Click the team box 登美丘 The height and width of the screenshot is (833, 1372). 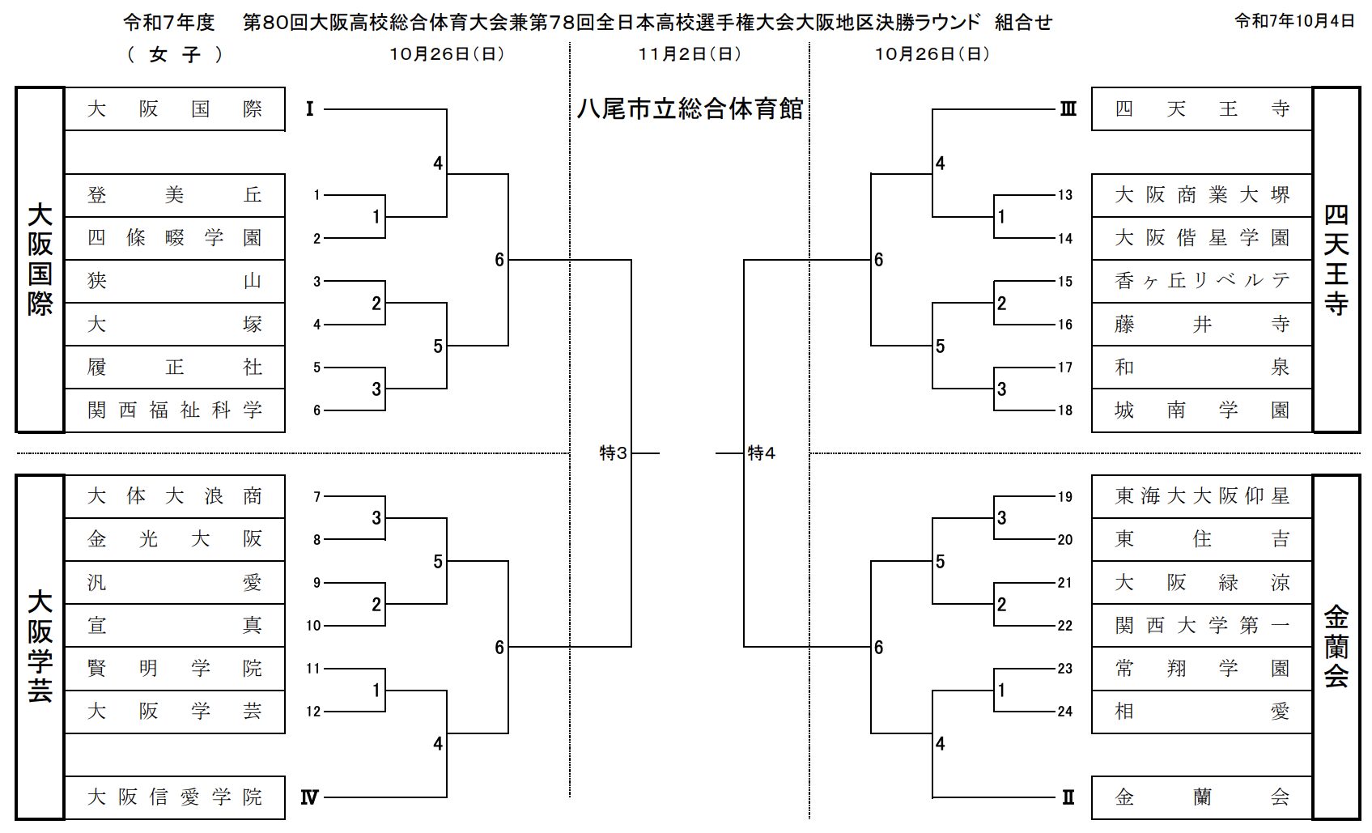174,195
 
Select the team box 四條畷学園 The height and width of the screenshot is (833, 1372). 174,238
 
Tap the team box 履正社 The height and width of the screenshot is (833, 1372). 174,368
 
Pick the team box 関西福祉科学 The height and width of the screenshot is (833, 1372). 174,410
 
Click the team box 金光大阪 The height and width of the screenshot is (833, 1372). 174,539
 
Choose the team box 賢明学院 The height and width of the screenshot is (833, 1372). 174,669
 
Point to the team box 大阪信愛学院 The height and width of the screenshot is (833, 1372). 174,797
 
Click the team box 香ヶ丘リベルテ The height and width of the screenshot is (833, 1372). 1201,281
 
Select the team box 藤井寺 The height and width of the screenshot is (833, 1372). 1201,325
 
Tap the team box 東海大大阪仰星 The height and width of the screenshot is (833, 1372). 1201,496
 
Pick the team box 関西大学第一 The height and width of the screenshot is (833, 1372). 1201,625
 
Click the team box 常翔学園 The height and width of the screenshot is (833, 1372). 1201,669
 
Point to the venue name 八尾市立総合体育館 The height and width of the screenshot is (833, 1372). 690,109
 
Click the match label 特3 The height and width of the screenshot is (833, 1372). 613,453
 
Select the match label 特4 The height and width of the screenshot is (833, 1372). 761,453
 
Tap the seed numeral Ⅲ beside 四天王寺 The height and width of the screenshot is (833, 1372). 1068,109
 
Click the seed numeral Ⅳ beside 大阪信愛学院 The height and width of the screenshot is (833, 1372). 309,797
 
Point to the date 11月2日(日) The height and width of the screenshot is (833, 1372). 689,54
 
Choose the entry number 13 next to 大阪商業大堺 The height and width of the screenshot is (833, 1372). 1064,195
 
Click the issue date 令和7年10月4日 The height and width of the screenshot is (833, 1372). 1293,22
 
